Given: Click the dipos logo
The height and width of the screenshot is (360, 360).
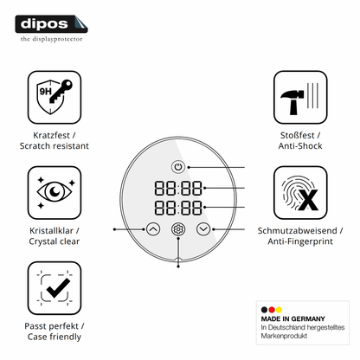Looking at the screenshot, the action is (51, 24).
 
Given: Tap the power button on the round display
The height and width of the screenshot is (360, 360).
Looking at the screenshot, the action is (178, 167).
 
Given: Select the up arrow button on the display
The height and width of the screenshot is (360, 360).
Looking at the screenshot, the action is (153, 229).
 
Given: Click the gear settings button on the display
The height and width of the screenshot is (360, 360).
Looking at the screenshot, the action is (178, 229).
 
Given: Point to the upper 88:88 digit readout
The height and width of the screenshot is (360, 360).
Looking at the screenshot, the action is (178, 188).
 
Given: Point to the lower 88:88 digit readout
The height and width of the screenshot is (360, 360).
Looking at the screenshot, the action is (178, 208).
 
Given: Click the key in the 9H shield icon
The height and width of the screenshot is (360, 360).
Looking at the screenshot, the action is (61, 91).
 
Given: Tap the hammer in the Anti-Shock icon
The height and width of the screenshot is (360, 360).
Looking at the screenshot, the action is (292, 102).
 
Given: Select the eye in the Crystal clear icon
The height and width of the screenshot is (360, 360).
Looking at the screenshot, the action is (55, 191).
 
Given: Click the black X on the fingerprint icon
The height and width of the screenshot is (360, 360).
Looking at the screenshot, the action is (308, 200).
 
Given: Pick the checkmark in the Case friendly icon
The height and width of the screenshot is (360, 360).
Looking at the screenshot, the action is (58, 288).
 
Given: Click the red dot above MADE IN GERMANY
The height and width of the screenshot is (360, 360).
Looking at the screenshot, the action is (272, 310).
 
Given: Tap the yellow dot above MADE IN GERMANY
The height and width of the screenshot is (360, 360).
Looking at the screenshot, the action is (279, 310).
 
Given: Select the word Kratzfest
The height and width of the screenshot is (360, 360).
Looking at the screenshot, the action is (51, 135).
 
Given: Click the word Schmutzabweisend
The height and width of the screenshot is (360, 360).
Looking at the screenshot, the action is (297, 231).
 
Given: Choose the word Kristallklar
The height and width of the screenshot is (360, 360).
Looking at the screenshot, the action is (51, 231).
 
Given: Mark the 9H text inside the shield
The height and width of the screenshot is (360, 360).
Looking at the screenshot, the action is (45, 92).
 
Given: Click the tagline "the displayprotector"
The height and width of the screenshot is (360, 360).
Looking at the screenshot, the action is (51, 39).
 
